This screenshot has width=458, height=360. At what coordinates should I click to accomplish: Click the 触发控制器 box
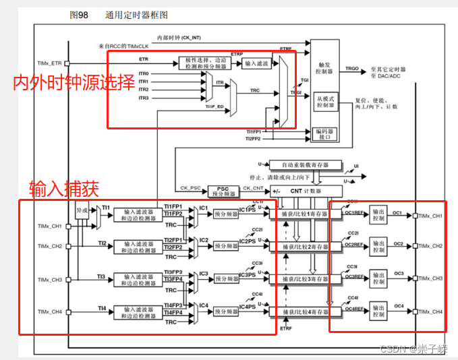pos(325,67)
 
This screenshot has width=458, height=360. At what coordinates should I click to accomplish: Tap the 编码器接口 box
pos(325,133)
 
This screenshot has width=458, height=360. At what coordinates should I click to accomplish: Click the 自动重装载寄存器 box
pos(305,164)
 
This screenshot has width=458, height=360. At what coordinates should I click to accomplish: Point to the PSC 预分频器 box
pos(223,191)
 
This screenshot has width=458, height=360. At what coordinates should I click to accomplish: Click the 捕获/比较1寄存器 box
pos(306,214)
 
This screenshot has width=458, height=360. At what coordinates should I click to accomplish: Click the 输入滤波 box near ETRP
pos(256,63)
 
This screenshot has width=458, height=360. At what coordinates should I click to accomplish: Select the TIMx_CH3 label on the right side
pos(431,278)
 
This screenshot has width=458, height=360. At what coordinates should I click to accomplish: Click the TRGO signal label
pos(352,69)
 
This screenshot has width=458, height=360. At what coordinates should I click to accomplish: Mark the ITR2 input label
pos(143,90)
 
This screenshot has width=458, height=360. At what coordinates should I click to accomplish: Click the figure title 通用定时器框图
pos(136,13)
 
